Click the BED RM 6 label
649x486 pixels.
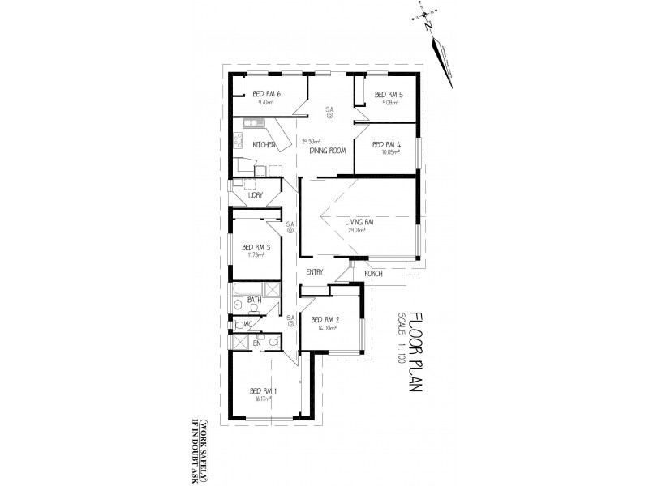pyautogui.click(x=266, y=94)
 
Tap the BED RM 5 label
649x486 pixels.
pyautogui.click(x=388, y=94)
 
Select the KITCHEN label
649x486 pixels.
pyautogui.click(x=264, y=145)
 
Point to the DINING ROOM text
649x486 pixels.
pyautogui.click(x=328, y=151)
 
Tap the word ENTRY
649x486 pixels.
pyautogui.click(x=316, y=272)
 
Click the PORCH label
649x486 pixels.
pyautogui.click(x=374, y=273)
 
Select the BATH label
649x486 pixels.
pyautogui.click(x=254, y=300)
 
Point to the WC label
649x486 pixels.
pyautogui.click(x=248, y=324)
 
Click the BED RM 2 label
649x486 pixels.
pyautogui.click(x=324, y=319)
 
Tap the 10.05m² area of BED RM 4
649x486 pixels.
pyautogui.click(x=386, y=152)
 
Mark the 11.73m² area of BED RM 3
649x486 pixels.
pyautogui.click(x=256, y=255)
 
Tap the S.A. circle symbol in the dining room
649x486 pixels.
pyautogui.click(x=330, y=117)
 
